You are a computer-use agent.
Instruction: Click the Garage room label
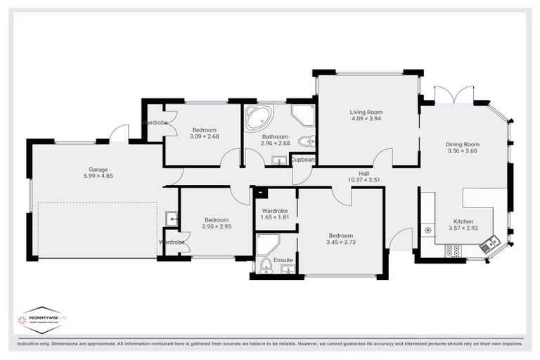(x=98, y=169)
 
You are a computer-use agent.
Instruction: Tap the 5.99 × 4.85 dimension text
(x=98, y=176)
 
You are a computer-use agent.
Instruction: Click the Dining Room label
(x=462, y=144)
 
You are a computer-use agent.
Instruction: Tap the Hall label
(x=364, y=172)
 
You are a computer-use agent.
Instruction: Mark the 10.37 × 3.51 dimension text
(x=364, y=180)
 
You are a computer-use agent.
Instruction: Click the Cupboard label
(x=303, y=160)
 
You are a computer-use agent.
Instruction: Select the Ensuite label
(x=284, y=259)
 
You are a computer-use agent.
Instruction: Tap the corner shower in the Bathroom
(x=303, y=115)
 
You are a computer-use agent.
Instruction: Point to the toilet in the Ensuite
(x=266, y=266)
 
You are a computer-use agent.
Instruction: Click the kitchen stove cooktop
(x=454, y=250)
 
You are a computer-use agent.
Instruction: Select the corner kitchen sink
(x=489, y=245)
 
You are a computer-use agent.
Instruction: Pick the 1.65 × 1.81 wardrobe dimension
(x=275, y=218)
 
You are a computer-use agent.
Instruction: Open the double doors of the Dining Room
(x=454, y=96)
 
